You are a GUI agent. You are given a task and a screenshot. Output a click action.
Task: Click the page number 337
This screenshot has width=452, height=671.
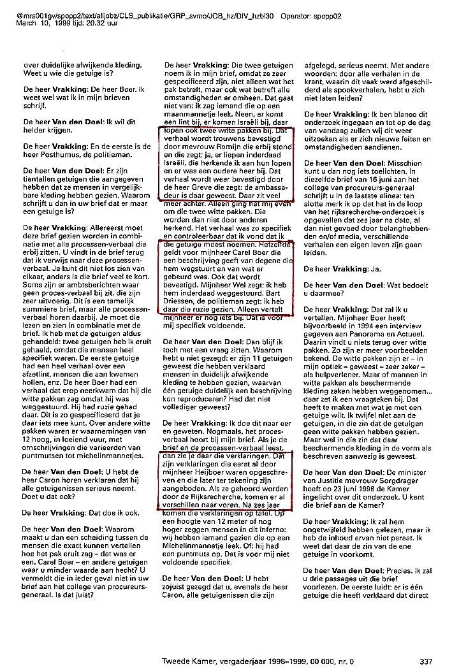[x=426, y=660]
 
